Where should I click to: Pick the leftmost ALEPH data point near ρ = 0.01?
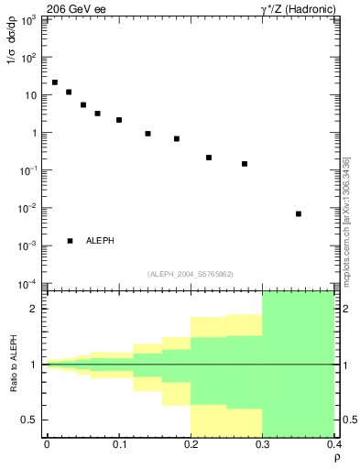[55, 82]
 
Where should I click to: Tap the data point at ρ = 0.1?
[119, 120]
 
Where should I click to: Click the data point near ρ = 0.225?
[209, 158]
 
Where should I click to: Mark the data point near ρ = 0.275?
[245, 164]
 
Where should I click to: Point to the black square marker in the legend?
[70, 241]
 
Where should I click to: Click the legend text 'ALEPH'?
[100, 241]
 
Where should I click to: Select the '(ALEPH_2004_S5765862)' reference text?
[190, 274]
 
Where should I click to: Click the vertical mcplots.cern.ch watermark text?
[346, 220]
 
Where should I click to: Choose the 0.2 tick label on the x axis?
[191, 444]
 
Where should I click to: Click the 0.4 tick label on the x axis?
[333, 444]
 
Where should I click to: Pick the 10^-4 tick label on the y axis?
[27, 284]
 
